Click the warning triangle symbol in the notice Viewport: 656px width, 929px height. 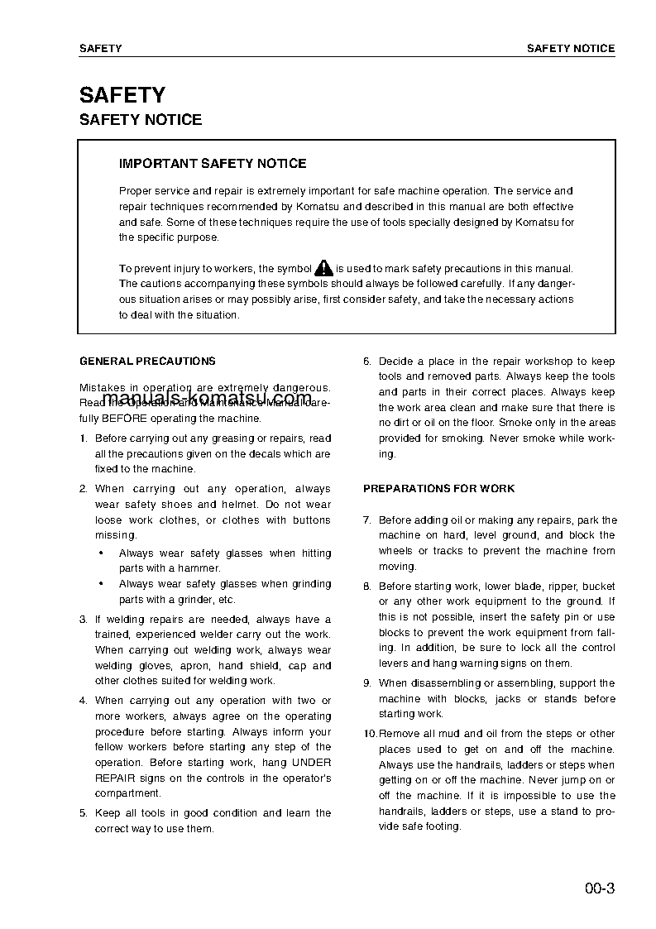pyautogui.click(x=323, y=268)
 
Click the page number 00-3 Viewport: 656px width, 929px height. pyautogui.click(x=599, y=890)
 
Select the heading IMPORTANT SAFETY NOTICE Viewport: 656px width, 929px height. pyautogui.click(x=213, y=164)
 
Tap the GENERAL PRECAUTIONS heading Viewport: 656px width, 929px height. pyautogui.click(x=147, y=361)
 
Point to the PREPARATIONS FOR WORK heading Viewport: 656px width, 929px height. pyautogui.click(x=438, y=489)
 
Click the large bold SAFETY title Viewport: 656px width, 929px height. pyautogui.click(x=122, y=95)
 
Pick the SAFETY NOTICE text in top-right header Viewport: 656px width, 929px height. pyautogui.click(x=571, y=49)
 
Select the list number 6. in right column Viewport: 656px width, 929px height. pyautogui.click(x=367, y=362)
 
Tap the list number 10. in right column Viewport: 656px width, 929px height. pyautogui.click(x=370, y=734)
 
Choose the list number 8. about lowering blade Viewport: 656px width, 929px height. pyautogui.click(x=367, y=587)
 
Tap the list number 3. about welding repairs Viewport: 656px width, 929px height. pyautogui.click(x=83, y=620)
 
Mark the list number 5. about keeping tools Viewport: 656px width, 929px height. pyautogui.click(x=83, y=813)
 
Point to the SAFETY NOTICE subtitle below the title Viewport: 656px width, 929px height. pyautogui.click(x=141, y=120)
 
